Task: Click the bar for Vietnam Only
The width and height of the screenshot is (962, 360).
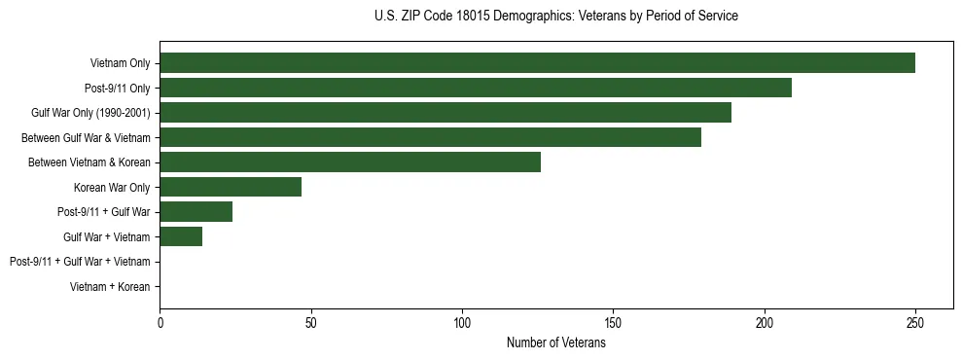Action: tap(537, 63)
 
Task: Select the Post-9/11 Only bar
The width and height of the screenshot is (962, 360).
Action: tap(476, 88)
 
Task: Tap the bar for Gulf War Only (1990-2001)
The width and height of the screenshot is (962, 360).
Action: tap(445, 113)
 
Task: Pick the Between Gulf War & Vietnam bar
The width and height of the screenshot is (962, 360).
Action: tap(430, 137)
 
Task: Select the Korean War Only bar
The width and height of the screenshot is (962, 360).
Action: tap(231, 187)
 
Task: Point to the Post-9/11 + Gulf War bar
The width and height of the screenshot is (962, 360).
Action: tap(196, 212)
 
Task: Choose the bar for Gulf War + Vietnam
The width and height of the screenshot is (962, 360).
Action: tap(181, 236)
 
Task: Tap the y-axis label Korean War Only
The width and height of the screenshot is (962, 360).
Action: tap(112, 187)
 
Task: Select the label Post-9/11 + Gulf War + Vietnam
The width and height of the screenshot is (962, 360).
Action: tap(80, 262)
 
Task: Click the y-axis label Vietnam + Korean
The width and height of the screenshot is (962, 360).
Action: tap(110, 287)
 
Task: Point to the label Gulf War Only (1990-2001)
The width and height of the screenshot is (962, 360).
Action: tap(90, 113)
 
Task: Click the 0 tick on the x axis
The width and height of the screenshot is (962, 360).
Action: tap(160, 321)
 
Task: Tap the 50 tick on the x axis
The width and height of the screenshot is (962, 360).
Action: tap(311, 321)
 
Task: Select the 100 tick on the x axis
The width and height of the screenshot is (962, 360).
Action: tap(462, 321)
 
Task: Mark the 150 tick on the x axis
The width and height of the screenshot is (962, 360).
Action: tap(614, 321)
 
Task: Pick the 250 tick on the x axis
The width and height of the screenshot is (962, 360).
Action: tap(915, 321)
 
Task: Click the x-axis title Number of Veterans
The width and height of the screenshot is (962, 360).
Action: tap(556, 343)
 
